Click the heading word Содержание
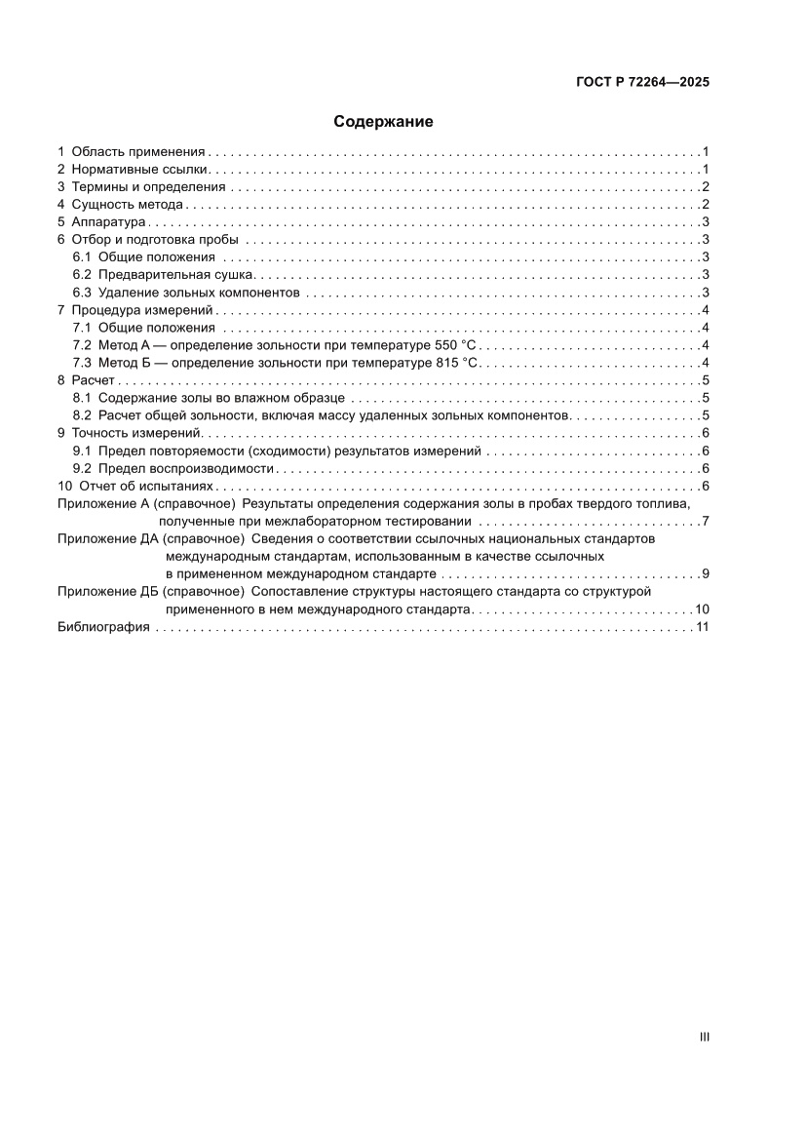383,122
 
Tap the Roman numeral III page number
704,1037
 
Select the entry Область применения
137,152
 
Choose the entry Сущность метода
127,205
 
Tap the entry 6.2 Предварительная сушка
170,275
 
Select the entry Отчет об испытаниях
143,486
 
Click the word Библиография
103,627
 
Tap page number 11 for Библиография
702,627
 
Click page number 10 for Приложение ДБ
702,609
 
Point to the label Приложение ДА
107,538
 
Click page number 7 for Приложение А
705,521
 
